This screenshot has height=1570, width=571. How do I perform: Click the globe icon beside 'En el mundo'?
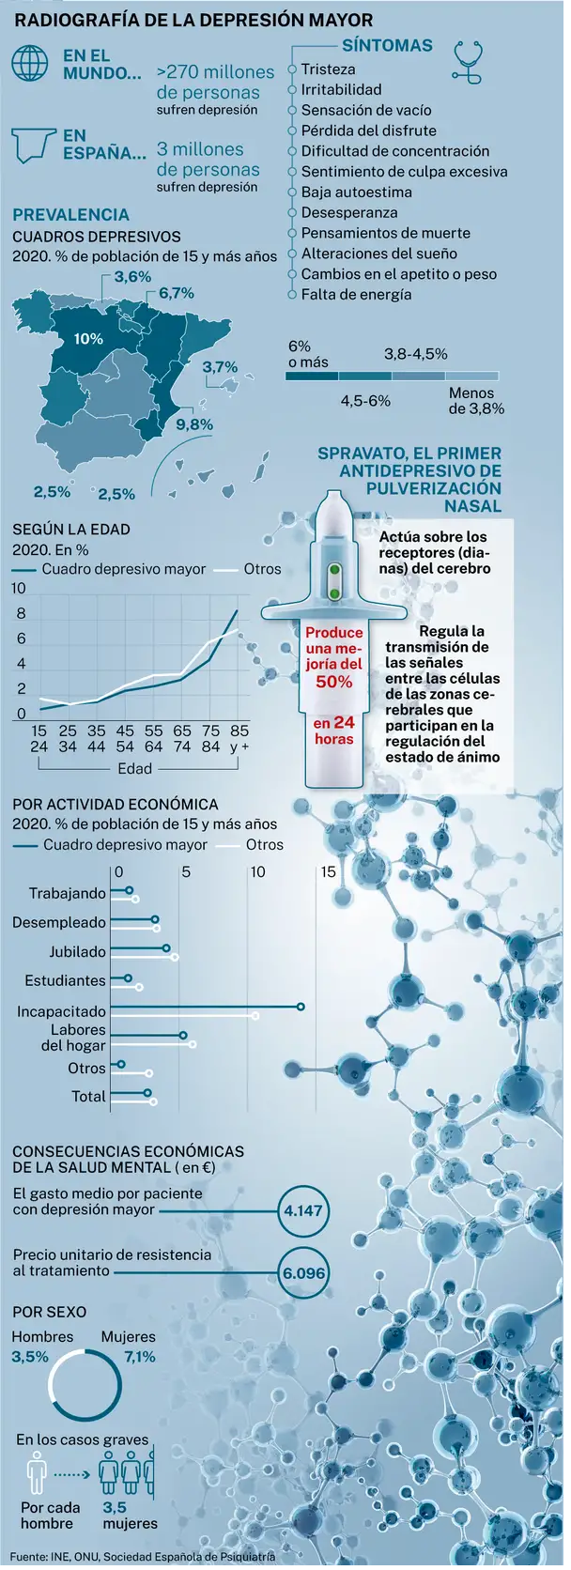[30, 63]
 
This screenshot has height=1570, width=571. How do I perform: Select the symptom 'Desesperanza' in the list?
[348, 213]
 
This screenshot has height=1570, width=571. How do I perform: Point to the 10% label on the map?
[88, 339]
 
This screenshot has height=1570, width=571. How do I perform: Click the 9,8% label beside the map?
[194, 424]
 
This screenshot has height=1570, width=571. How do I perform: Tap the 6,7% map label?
[177, 293]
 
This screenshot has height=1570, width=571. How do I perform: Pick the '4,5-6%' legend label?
[365, 401]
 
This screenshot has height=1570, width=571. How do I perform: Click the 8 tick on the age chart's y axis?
[22, 614]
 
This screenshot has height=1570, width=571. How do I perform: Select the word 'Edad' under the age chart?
[134, 769]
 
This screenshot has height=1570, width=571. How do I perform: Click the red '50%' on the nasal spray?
[334, 682]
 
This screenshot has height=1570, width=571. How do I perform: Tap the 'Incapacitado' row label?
[61, 1012]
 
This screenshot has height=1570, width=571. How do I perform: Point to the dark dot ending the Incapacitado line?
[301, 1007]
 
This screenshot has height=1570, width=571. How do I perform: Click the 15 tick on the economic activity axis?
[329, 872]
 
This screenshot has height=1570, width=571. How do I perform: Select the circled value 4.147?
[303, 1211]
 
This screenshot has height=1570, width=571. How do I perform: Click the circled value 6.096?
[303, 1274]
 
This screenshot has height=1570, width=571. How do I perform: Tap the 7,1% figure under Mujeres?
[140, 1357]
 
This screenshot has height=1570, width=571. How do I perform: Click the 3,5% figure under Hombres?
[30, 1357]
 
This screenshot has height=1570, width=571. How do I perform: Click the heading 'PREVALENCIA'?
[71, 215]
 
